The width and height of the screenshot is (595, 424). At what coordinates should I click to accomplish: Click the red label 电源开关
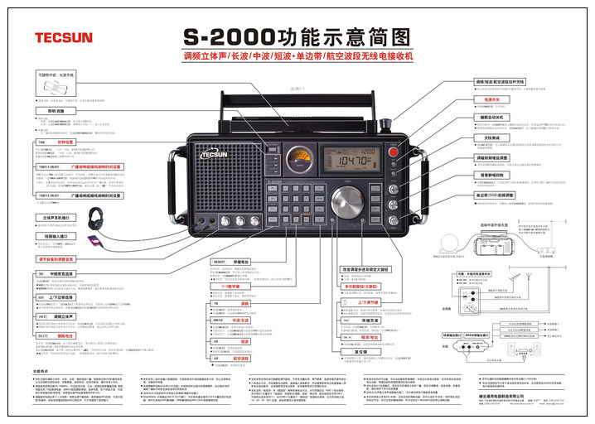[485, 100]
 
